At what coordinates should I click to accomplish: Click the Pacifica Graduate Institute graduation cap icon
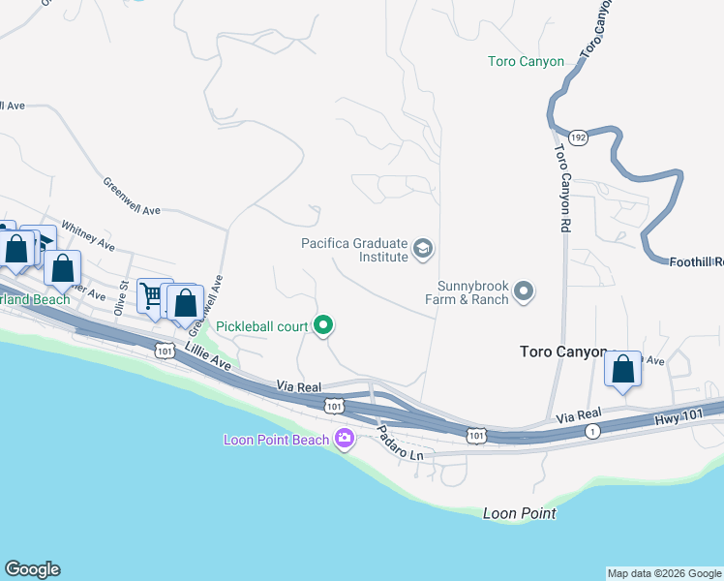[422, 250]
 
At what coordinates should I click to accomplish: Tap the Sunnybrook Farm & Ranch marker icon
[524, 290]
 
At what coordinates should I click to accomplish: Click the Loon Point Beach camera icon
[344, 440]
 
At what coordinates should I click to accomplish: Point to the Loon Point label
[519, 513]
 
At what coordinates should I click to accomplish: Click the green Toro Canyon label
[526, 62]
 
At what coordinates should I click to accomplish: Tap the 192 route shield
[578, 138]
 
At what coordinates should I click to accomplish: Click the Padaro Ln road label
[400, 442]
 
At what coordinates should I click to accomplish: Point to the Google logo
[33, 569]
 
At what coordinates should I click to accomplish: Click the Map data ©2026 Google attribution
[663, 573]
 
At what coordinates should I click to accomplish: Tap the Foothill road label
[696, 260]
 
